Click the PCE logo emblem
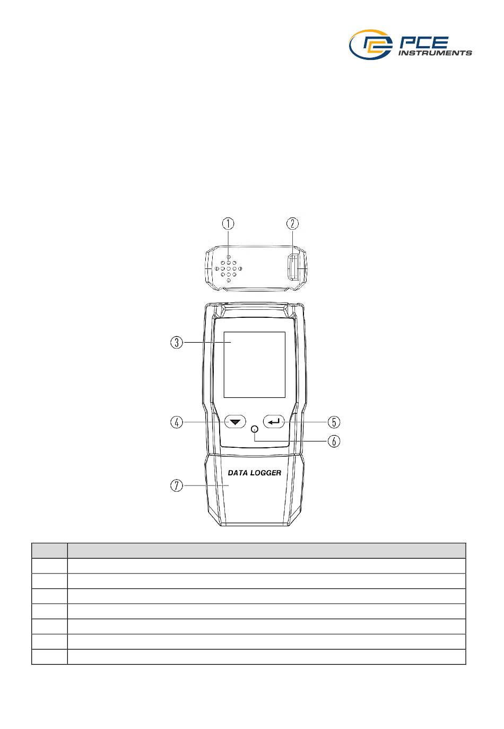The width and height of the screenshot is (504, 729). pos(370,44)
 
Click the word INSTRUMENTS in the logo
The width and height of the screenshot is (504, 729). pos(435,53)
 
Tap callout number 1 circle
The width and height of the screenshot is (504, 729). pos(228,223)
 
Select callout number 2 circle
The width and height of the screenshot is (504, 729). pos(292,223)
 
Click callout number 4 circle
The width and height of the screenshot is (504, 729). pos(177,422)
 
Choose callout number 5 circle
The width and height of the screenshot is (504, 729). pos(334,422)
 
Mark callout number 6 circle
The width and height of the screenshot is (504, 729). pos(334,441)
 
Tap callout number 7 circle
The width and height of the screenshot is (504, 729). pos(177,486)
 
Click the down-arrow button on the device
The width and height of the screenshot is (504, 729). pos(235,422)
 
